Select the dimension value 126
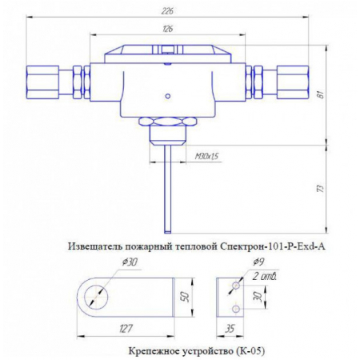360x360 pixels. coord(167,30)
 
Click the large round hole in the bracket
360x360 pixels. coord(97,296)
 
